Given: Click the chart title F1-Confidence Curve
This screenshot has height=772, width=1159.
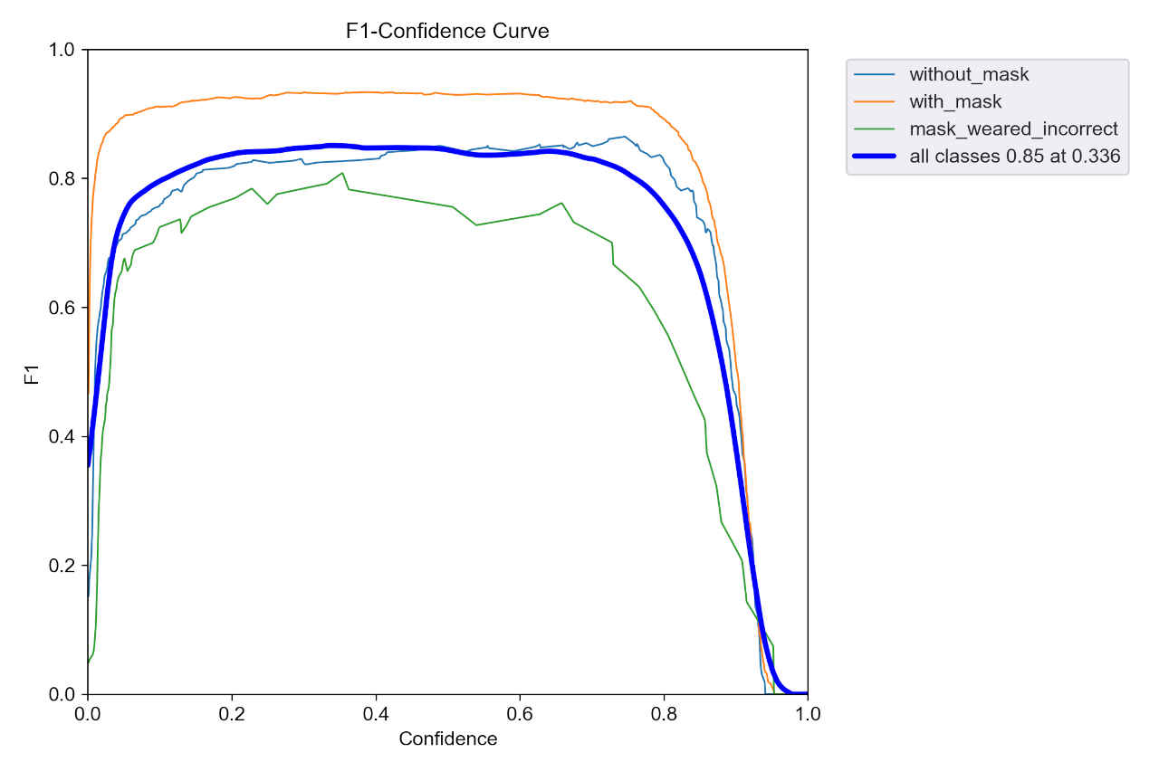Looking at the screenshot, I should [447, 31].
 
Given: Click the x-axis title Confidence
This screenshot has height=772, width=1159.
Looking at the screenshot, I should [447, 739].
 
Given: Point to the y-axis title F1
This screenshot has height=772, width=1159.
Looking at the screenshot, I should [32, 372].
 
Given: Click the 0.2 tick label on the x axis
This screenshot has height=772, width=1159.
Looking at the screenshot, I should [232, 714].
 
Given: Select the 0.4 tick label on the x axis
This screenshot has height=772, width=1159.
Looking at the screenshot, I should [376, 714].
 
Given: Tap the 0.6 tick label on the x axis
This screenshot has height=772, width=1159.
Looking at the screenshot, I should [520, 714].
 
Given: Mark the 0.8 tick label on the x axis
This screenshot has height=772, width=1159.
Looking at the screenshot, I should [664, 714].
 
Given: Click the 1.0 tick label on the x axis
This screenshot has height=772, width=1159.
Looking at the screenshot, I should [808, 714].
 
